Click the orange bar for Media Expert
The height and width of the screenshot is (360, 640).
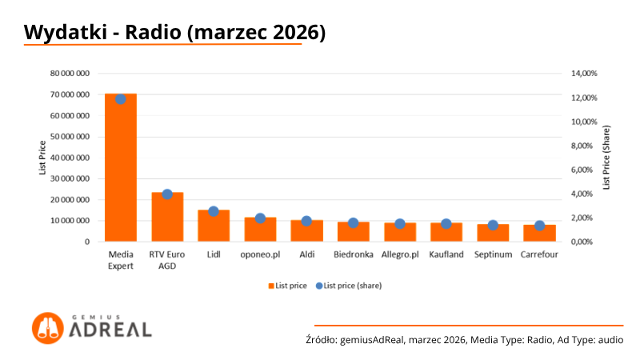(120, 168)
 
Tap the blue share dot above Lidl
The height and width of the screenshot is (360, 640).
(213, 211)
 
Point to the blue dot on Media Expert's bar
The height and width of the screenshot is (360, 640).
(120, 99)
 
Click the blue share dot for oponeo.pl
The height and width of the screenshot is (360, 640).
(260, 218)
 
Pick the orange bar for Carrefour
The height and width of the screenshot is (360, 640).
(539, 233)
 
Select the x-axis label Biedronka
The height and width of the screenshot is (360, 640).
(353, 255)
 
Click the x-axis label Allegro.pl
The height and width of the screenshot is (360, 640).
(399, 255)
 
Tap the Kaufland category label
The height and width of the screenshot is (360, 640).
(446, 255)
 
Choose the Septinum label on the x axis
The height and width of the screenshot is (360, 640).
(493, 255)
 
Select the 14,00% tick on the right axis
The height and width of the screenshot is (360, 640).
(583, 74)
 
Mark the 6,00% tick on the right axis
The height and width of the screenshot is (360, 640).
(583, 170)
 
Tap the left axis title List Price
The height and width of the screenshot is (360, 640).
(42, 157)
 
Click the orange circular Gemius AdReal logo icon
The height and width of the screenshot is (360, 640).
(47, 328)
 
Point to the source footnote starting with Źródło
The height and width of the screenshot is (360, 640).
(464, 340)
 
